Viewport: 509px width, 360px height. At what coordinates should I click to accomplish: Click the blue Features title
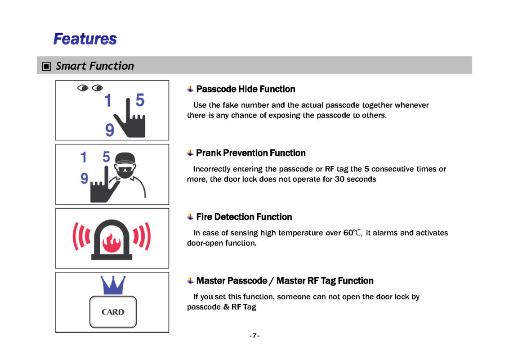[85, 39]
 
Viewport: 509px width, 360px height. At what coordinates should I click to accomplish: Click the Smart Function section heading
[94, 66]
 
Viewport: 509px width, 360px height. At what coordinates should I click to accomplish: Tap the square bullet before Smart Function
[46, 67]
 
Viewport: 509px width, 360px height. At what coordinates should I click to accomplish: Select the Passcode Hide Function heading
[246, 89]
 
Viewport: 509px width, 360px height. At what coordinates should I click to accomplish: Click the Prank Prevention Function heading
[250, 153]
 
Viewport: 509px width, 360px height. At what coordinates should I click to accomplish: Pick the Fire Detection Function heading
[244, 217]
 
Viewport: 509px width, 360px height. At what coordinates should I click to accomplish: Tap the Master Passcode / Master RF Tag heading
[285, 281]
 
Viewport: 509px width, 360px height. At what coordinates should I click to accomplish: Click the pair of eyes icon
[90, 88]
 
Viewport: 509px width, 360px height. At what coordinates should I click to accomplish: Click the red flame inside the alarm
[112, 242]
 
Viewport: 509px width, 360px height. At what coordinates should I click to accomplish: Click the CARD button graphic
[113, 311]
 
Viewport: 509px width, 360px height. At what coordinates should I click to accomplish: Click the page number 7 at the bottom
[254, 336]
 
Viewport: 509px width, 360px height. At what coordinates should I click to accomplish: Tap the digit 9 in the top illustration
[109, 130]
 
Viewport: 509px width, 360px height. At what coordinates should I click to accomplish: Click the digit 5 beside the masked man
[106, 157]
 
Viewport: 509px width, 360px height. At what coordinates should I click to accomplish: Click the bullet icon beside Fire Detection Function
[191, 217]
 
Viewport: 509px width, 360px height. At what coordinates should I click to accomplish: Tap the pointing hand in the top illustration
[129, 119]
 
